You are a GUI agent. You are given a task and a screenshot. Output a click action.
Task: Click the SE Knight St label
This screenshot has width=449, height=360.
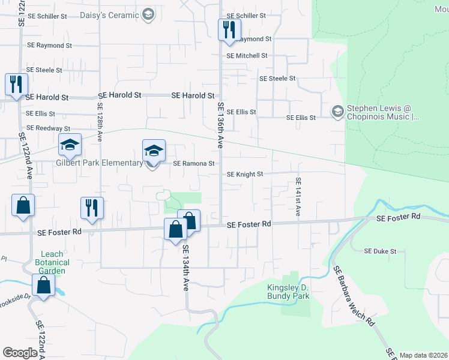coord(245,175)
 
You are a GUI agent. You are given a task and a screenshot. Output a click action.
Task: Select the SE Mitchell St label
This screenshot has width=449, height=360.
coord(247,56)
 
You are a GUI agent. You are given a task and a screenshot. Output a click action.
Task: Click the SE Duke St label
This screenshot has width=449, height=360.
coord(381,251)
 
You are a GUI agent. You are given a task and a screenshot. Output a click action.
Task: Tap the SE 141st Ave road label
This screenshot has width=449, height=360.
coord(298,197)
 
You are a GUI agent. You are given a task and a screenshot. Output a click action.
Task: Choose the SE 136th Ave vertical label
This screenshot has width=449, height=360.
coord(220,125)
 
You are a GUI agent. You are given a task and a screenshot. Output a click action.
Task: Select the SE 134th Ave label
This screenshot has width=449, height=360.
coord(186,268)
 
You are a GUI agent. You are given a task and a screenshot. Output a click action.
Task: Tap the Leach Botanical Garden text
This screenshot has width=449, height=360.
coord(52,262)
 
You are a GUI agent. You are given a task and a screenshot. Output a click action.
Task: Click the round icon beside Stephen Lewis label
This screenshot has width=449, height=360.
coord(337,111)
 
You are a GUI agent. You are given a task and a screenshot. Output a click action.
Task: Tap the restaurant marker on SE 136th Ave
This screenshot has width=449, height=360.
coord(229,30)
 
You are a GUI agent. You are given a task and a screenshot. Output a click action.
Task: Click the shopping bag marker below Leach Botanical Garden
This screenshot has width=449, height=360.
coord(44,286)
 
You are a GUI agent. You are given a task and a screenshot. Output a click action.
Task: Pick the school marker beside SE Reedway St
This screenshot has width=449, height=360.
coord(70,145)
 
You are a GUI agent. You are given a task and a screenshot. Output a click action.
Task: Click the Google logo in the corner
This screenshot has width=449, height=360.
coord(20,353)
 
